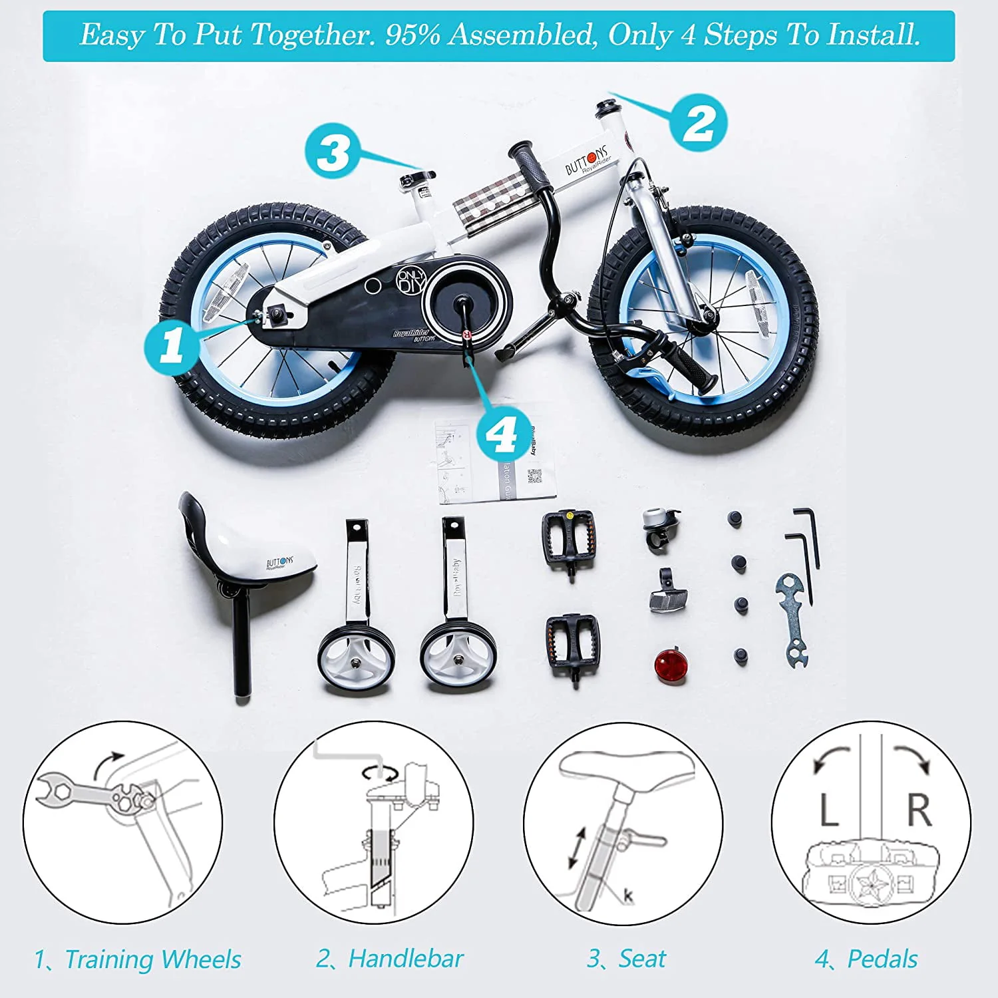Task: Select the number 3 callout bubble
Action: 333,151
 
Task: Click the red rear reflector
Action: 667,665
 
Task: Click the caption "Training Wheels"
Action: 152,959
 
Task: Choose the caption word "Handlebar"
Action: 405,959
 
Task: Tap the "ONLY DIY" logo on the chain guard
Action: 411,281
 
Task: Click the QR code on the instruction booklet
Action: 534,476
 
